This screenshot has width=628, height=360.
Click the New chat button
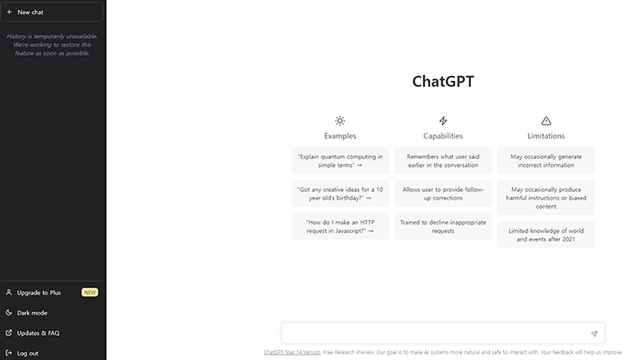52,13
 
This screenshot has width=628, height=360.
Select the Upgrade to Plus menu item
39,293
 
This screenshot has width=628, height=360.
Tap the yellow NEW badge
89,293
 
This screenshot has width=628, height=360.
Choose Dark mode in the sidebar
32,312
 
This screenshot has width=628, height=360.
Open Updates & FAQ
39,333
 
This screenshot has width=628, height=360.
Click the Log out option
28,353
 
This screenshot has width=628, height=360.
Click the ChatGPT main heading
443,81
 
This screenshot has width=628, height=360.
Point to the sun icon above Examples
340,120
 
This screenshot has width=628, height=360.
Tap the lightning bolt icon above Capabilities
443,120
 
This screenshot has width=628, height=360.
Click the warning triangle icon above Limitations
546,120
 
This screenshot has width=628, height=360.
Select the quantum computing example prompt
340,161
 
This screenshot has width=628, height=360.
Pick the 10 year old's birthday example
340,193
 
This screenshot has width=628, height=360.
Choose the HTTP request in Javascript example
340,225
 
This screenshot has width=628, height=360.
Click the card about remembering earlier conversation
443,161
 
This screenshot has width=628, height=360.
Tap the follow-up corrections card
443,193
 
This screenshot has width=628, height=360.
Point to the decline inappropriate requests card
443,225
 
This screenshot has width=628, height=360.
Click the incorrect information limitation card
546,161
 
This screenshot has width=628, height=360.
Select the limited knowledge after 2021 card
546,234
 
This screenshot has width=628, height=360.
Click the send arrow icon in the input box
594,334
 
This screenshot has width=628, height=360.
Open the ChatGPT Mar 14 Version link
292,353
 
